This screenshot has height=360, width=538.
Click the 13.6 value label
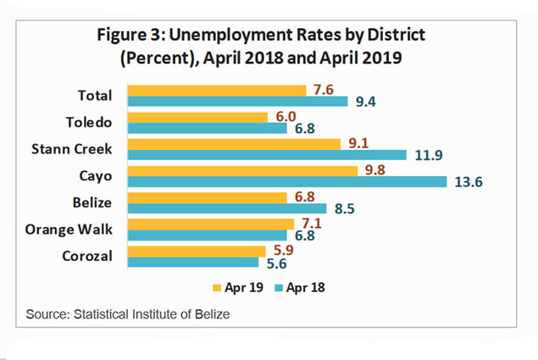(463, 181)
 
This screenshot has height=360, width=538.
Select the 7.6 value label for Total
(322, 89)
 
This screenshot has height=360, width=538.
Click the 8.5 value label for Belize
(343, 208)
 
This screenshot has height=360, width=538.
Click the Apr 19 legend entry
(244, 287)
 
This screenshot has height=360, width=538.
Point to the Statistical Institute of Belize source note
(129, 314)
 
